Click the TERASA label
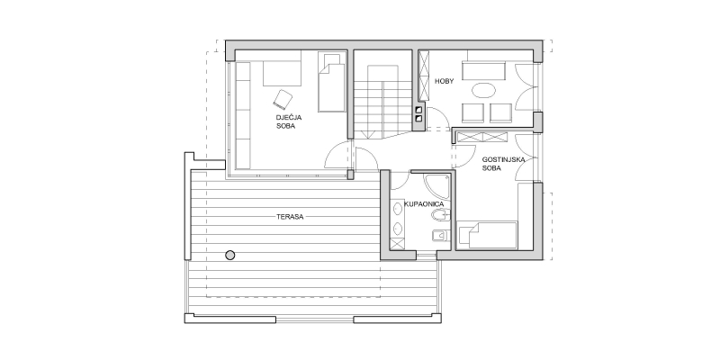(290, 217)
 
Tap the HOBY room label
(444, 81)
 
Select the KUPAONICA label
(424, 203)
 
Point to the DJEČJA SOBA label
(289, 121)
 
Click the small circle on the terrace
(230, 256)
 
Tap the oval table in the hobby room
(484, 90)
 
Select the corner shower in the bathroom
(436, 186)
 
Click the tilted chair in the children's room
(283, 99)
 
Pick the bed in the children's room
(331, 81)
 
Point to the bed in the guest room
(487, 235)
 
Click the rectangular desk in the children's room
(282, 74)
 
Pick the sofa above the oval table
(483, 71)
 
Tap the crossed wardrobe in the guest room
(482, 137)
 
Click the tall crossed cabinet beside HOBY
(424, 76)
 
